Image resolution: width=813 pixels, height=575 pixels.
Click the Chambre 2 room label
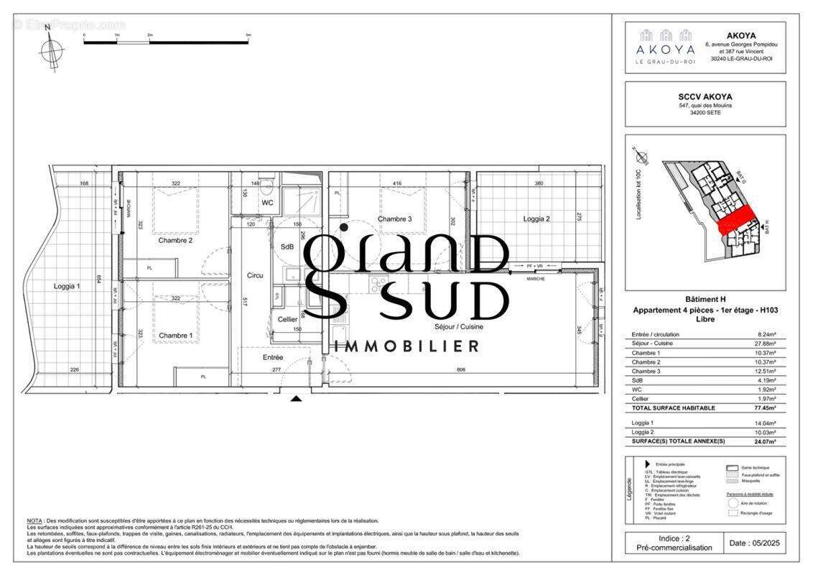click(x=176, y=240)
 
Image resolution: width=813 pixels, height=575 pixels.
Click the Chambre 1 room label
click(x=176, y=336)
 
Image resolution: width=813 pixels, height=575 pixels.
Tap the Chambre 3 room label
click(x=395, y=218)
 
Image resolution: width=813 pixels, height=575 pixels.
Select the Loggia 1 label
click(x=67, y=286)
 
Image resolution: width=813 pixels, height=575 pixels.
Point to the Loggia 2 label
click(x=536, y=218)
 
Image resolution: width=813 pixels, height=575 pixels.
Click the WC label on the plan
click(x=267, y=203)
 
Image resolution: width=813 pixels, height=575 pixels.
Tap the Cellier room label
click(x=288, y=319)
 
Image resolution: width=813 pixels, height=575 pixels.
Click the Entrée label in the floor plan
click(x=273, y=357)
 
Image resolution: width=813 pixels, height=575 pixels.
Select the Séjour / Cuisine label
click(x=458, y=326)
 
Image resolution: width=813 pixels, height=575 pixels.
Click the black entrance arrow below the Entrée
click(x=296, y=397)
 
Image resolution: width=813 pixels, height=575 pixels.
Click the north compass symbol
click(x=51, y=50)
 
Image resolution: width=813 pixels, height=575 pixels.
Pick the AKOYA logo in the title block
click(x=664, y=47)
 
